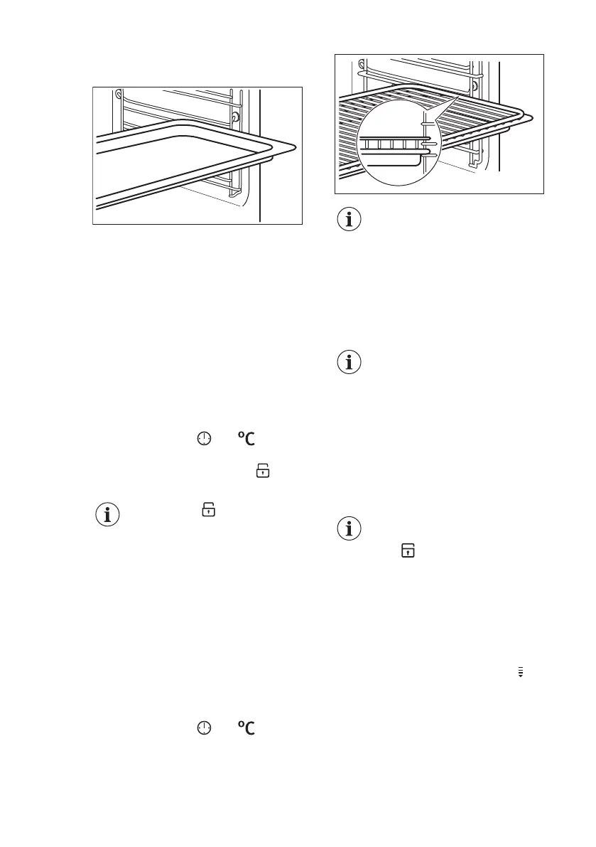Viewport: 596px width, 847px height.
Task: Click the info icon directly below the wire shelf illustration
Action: coord(348,220)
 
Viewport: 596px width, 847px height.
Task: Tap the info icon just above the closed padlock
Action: coord(348,529)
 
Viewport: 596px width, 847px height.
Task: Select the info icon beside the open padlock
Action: coord(108,515)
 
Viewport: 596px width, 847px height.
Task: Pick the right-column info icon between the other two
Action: coord(348,363)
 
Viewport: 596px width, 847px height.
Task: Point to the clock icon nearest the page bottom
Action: coord(205,728)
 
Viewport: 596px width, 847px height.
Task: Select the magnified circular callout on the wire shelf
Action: coord(398,143)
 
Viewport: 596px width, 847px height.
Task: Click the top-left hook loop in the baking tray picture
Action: coord(118,92)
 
